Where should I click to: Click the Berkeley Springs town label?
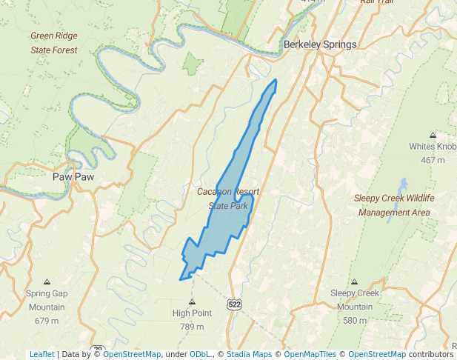tap(320, 44)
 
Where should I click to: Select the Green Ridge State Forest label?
tap(53, 43)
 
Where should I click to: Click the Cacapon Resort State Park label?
tap(228, 199)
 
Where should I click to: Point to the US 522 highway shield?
tap(235, 304)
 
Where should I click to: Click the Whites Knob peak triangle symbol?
tap(433, 135)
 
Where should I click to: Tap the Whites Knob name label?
tap(433, 147)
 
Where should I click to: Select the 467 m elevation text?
tap(433, 160)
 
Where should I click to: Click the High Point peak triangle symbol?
tap(193, 301)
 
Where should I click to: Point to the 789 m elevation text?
tap(192, 327)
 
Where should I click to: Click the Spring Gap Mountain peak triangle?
tap(47, 282)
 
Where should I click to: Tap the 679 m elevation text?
tap(47, 321)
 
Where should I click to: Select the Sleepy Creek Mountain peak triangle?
tap(354, 282)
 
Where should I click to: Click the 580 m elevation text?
tap(354, 321)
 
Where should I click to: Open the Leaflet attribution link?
tap(41, 354)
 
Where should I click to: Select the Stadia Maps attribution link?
tap(247, 354)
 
